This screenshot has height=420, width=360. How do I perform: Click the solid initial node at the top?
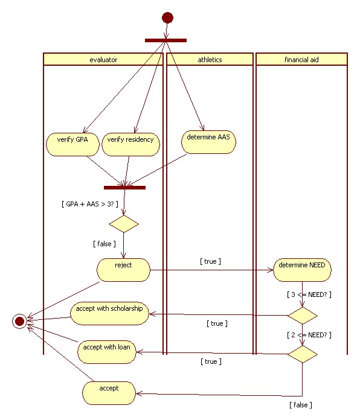coord(167,17)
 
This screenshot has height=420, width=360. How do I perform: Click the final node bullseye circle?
coord(19,321)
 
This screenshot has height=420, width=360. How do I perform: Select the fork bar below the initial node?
coord(166,40)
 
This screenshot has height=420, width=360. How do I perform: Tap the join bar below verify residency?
coord(124,188)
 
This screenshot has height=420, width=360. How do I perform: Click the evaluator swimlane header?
coord(103,59)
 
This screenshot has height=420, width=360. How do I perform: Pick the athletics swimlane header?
coord(210,59)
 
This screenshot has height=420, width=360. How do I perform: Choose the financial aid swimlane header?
coord(301,59)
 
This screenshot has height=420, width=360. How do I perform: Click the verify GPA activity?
coord(72,144)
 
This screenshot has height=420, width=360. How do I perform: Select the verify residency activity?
coord(130,144)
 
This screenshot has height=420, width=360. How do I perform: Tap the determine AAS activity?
coord(208,142)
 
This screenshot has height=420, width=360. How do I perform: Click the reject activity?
coord(123,270)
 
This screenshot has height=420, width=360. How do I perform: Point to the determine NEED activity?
coord(302,270)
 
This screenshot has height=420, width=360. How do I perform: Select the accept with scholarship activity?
coord(109,313)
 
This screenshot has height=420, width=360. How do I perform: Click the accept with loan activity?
coord(107,352)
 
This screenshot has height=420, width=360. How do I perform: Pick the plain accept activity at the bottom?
coord(109,393)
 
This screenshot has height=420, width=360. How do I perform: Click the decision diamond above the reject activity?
coord(124,224)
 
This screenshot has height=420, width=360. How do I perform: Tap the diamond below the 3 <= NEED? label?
coord(303,316)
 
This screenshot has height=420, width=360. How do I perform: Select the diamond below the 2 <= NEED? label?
coord(303,354)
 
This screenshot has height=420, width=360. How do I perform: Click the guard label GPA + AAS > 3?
coord(90,204)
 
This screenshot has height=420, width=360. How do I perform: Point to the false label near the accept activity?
coord(301,405)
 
